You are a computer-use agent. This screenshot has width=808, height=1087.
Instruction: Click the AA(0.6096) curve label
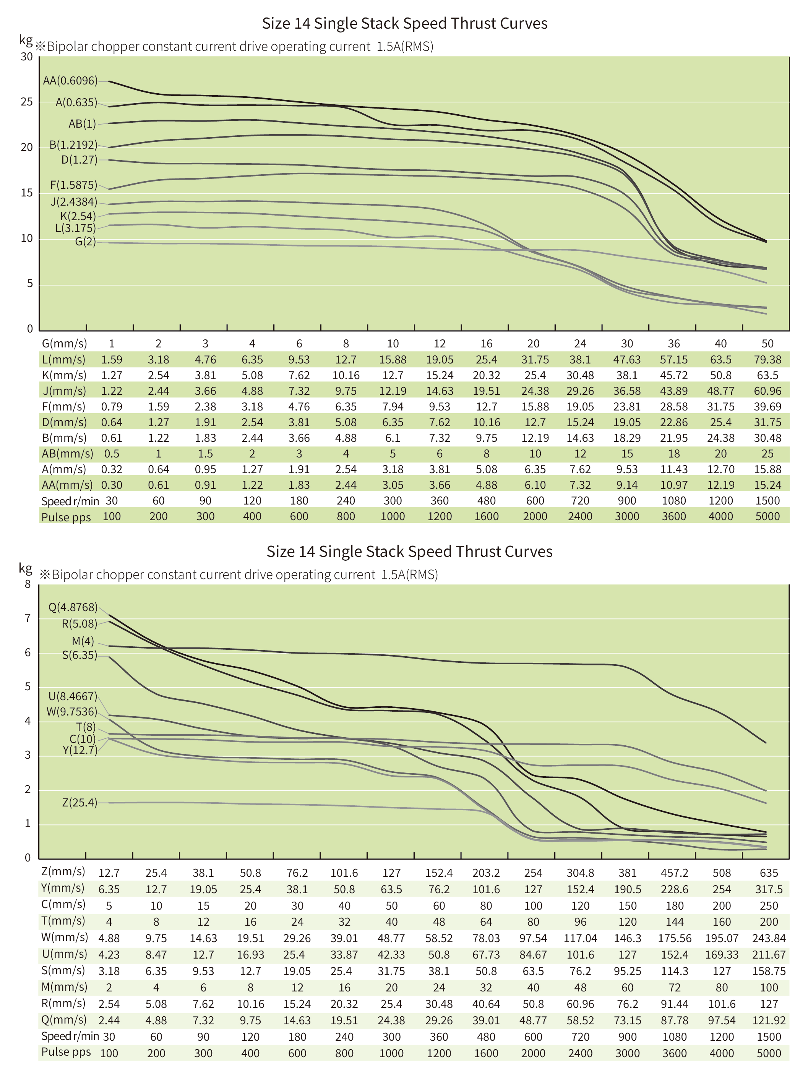[70, 81]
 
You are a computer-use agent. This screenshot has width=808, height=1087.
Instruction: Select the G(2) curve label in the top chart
[85, 242]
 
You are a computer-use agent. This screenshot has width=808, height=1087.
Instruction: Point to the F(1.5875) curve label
[73, 185]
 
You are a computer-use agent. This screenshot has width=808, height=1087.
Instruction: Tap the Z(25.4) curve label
[79, 802]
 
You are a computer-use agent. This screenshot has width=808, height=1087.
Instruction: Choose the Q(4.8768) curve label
[73, 607]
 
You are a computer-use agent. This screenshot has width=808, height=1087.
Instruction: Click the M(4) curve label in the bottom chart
[83, 641]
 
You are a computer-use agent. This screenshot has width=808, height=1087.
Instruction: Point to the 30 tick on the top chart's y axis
[26, 57]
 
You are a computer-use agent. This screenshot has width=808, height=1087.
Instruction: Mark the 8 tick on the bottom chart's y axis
[28, 584]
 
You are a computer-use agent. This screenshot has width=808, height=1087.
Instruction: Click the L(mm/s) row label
[63, 360]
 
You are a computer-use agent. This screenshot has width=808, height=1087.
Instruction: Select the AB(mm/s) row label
[67, 454]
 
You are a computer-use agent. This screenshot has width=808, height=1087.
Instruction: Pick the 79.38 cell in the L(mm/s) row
[767, 360]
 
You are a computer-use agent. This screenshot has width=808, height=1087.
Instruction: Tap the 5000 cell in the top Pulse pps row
[767, 516]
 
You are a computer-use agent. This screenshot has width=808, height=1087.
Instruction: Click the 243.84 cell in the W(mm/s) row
[768, 938]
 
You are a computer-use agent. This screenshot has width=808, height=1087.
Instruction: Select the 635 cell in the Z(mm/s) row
[768, 873]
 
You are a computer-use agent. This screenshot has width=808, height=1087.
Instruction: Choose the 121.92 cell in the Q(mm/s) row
[768, 1020]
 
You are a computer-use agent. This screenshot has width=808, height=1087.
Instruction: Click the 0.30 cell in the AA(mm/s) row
[112, 485]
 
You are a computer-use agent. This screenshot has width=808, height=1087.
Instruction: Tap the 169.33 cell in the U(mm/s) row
[722, 954]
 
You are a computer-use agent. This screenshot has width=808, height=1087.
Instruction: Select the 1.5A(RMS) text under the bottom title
[409, 574]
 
